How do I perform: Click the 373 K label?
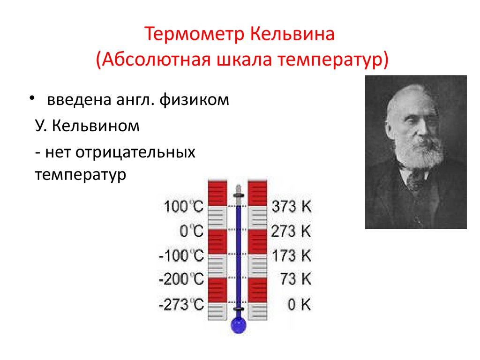click(291, 206)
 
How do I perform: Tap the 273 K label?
click(291, 231)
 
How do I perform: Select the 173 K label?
click(291, 255)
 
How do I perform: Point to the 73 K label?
click(295, 280)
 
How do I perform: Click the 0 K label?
click(299, 305)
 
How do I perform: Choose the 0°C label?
click(192, 231)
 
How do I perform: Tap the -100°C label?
click(181, 255)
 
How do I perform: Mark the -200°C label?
click(181, 280)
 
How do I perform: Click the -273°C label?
click(181, 305)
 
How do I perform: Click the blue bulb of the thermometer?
click(238, 325)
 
